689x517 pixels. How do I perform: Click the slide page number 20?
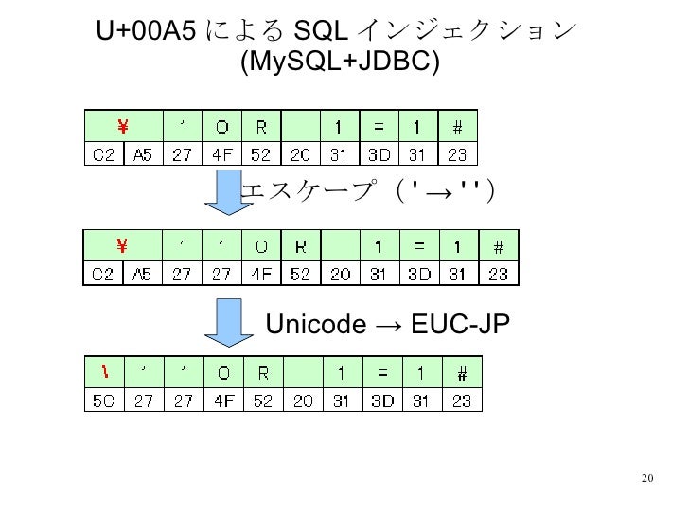[x=647, y=476]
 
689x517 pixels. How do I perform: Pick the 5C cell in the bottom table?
[x=103, y=400]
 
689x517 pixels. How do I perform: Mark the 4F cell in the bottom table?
[x=223, y=400]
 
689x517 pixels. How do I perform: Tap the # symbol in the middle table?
[x=496, y=248]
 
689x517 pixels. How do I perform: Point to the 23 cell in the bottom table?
[x=461, y=400]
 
